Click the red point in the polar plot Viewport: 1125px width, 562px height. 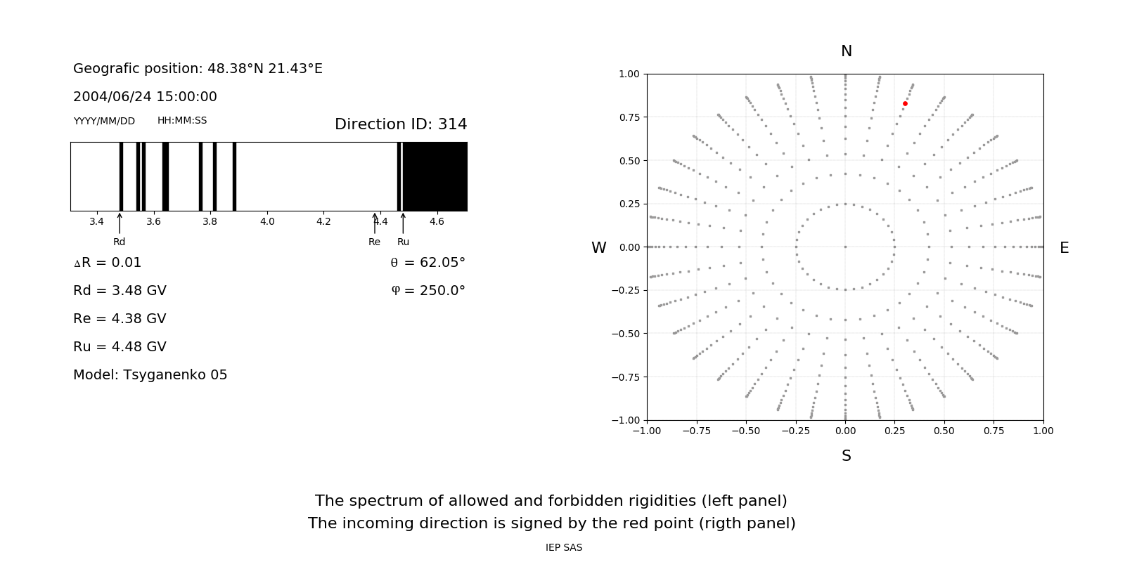point(905,104)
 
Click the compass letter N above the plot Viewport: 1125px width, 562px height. point(846,51)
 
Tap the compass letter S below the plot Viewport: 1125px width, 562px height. point(846,456)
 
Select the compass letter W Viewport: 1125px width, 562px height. point(598,248)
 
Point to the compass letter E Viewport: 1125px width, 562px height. point(1064,248)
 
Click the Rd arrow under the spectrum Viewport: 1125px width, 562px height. point(120,223)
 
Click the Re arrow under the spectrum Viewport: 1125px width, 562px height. point(375,223)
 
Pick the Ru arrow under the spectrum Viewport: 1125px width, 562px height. point(403,223)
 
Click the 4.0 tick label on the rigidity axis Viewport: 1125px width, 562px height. point(266,221)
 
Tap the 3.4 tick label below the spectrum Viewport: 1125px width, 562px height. point(96,221)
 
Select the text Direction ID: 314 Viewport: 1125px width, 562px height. point(401,124)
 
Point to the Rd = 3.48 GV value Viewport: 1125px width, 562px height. point(120,291)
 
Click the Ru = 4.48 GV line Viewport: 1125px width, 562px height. point(120,347)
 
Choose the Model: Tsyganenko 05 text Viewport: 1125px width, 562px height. point(150,375)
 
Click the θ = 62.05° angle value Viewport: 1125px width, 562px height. point(427,263)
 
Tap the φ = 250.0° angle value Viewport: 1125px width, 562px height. point(428,291)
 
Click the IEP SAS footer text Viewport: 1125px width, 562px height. point(563,547)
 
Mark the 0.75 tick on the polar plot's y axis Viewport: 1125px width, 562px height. point(629,117)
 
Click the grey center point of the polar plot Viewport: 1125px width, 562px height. point(845,247)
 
